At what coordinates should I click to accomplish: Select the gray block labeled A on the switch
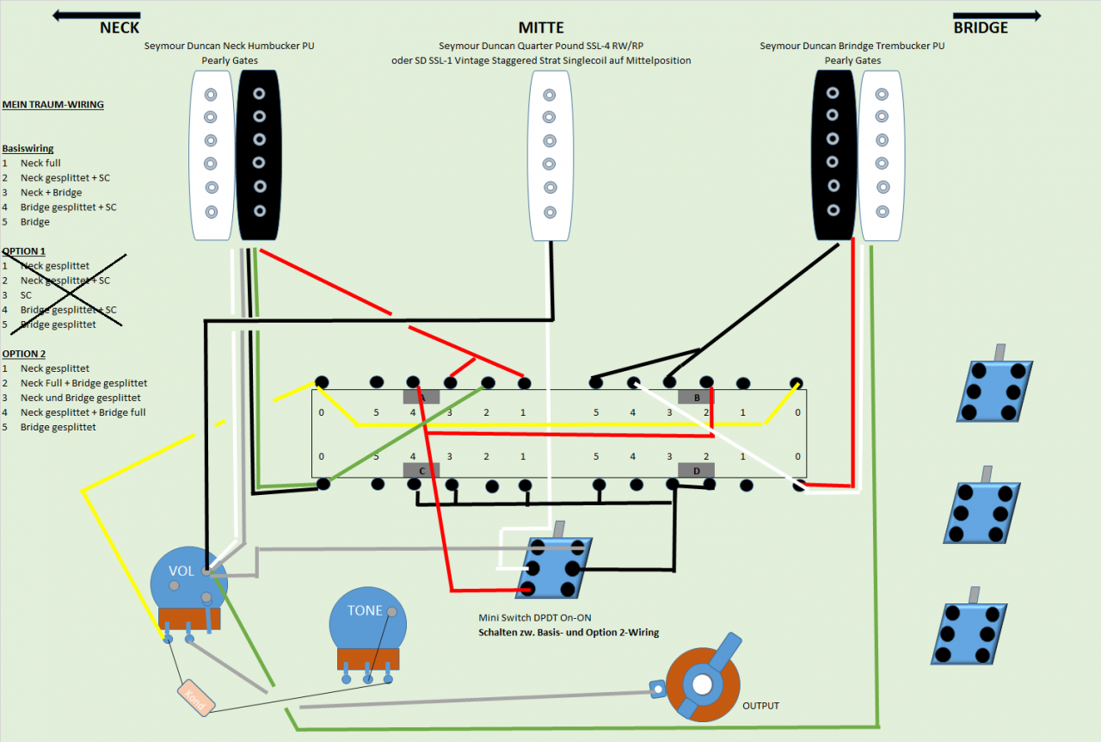pyautogui.click(x=421, y=397)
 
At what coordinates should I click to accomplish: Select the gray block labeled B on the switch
pyautogui.click(x=696, y=397)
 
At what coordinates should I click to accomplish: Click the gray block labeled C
pyautogui.click(x=421, y=470)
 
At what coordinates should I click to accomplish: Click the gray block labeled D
pyautogui.click(x=696, y=470)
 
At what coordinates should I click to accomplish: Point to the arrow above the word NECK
pyautogui.click(x=96, y=15)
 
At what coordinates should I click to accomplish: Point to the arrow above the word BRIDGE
pyautogui.click(x=997, y=15)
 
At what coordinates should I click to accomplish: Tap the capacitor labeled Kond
pyautogui.click(x=196, y=697)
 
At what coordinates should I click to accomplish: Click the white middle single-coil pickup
pyautogui.click(x=551, y=155)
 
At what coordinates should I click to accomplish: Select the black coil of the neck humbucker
pyautogui.click(x=258, y=155)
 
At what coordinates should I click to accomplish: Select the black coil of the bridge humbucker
pyautogui.click(x=833, y=155)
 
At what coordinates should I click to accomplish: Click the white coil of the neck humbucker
pyautogui.click(x=211, y=155)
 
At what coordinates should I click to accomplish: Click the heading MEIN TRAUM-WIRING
pyautogui.click(x=52, y=105)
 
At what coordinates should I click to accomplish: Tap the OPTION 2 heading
pyautogui.click(x=24, y=354)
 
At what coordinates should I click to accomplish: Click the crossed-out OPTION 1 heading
pyautogui.click(x=24, y=251)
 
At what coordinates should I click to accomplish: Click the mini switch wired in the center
pyautogui.click(x=554, y=568)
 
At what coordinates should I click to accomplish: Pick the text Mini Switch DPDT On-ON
pyautogui.click(x=534, y=618)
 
